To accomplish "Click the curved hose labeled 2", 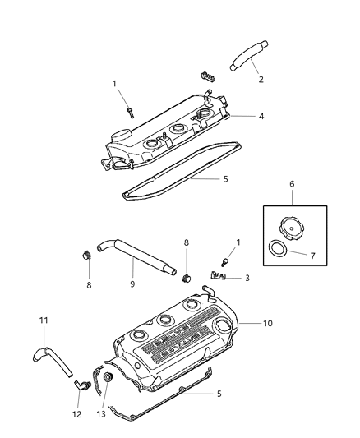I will (248, 58).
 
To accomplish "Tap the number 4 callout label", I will (261, 117).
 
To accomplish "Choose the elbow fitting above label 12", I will (79, 384).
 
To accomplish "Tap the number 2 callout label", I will (261, 80).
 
